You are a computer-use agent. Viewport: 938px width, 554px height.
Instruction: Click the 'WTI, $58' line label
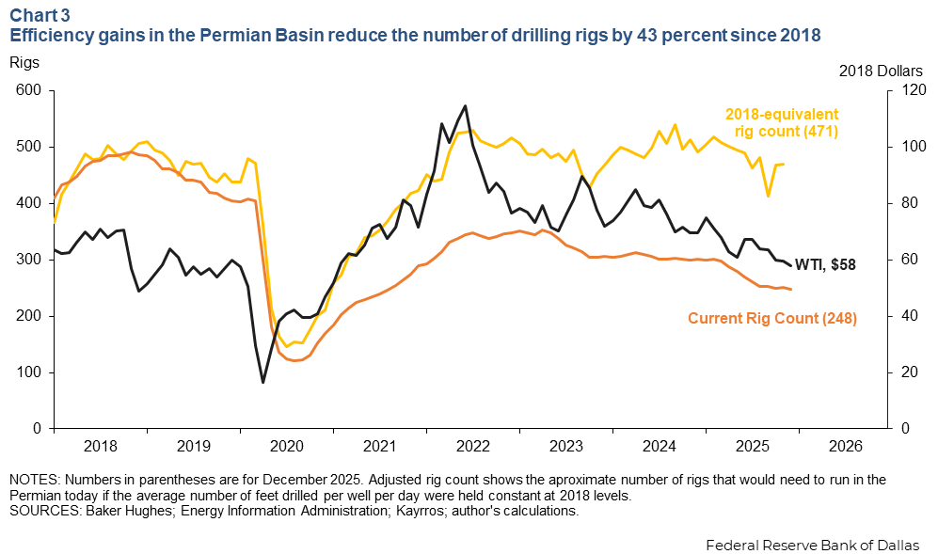coord(826,264)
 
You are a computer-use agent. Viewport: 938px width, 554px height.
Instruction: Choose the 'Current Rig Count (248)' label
coord(772,318)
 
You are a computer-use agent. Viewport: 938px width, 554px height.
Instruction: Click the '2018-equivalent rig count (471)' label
coord(781,121)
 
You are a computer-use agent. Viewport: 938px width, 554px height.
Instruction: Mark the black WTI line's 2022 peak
coord(465,105)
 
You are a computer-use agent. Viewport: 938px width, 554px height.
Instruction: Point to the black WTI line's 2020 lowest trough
coord(262,382)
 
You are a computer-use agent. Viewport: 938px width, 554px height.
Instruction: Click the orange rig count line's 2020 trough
coord(294,360)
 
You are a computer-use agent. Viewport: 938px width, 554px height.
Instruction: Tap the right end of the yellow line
coord(784,164)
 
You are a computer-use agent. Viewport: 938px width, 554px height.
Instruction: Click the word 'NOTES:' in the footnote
coord(33,480)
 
